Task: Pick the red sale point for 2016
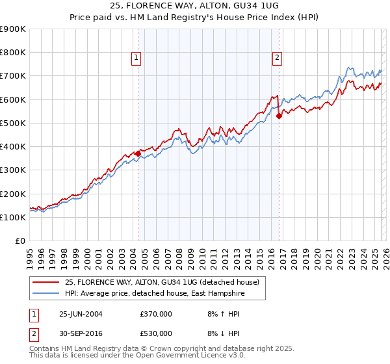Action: (279, 116)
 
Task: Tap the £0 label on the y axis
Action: (21, 241)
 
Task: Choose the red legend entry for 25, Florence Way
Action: (162, 282)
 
